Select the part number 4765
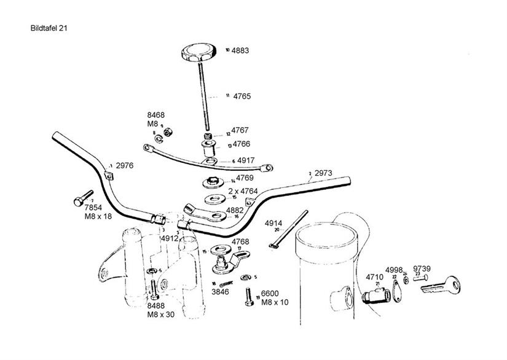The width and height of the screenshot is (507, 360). coord(242,96)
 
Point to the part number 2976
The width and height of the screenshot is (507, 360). coord(124,166)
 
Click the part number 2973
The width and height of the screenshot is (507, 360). coord(323,174)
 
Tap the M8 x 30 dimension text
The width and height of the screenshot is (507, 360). coord(161,315)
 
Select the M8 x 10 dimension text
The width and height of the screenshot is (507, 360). coord(275,302)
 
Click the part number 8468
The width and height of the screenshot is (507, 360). coord(155,115)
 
